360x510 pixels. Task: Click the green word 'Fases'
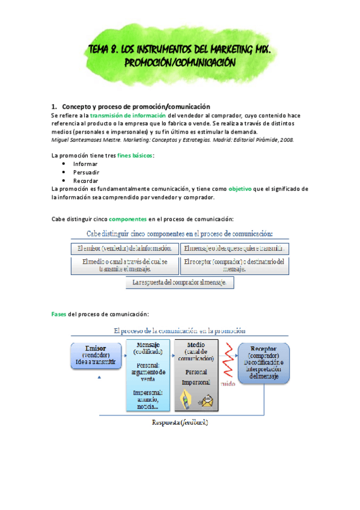click(59, 315)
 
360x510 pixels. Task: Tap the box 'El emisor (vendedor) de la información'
click(124, 248)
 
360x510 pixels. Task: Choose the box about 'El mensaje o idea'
click(234, 248)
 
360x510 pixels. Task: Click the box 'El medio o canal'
click(124, 265)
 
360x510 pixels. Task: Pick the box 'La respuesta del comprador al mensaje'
click(179, 283)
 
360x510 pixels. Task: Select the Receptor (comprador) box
click(263, 363)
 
